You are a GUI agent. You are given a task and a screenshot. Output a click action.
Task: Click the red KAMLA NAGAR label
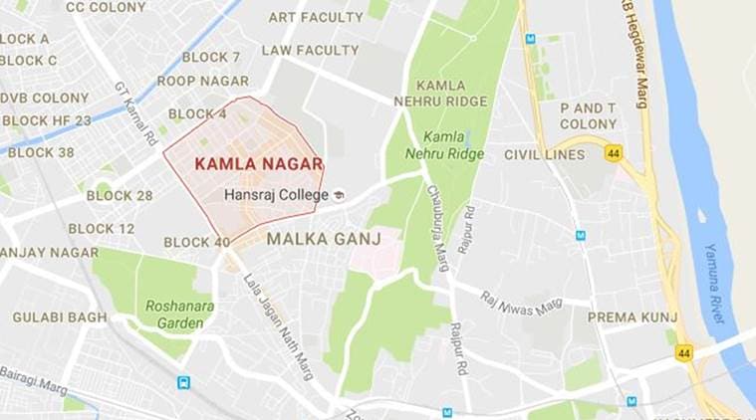[258, 162]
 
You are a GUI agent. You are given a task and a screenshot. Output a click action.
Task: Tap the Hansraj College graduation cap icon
[339, 195]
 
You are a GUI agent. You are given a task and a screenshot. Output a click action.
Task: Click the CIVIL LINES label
[544, 155]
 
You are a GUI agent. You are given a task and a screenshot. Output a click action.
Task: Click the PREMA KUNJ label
[632, 317]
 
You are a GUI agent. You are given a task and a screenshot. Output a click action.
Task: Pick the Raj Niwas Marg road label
[521, 305]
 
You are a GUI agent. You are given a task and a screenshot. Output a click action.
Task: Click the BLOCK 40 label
[196, 242]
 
